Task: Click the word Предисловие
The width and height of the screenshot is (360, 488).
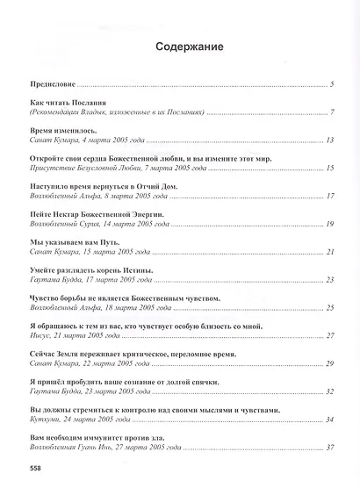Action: [49, 85]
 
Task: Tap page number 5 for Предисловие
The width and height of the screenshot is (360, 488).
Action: [333, 85]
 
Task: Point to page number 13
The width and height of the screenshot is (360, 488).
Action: [330, 140]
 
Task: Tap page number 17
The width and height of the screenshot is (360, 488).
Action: [330, 195]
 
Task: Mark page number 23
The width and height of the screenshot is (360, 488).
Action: [330, 280]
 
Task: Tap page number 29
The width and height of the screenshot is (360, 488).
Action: [330, 363]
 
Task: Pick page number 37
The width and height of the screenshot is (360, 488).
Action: [330, 447]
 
